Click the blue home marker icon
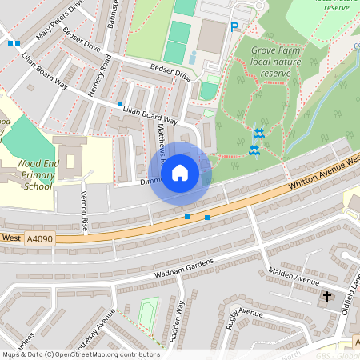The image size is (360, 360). [180, 173]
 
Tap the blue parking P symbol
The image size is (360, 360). [234, 27]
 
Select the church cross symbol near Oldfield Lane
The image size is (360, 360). [326, 297]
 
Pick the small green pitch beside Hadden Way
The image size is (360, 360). [147, 313]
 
